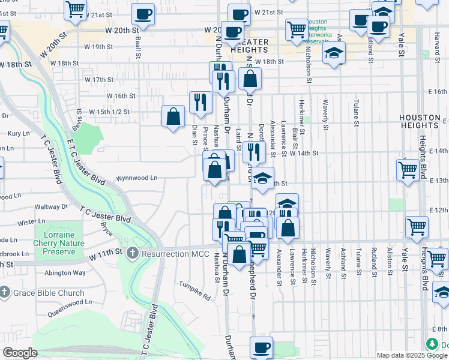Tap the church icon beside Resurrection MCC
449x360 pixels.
point(133,254)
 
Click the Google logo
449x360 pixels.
point(20,353)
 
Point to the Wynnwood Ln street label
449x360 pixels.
point(136,178)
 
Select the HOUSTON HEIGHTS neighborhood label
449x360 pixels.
point(423,121)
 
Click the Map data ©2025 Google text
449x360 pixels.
point(412,355)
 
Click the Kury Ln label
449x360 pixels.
point(19,134)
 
